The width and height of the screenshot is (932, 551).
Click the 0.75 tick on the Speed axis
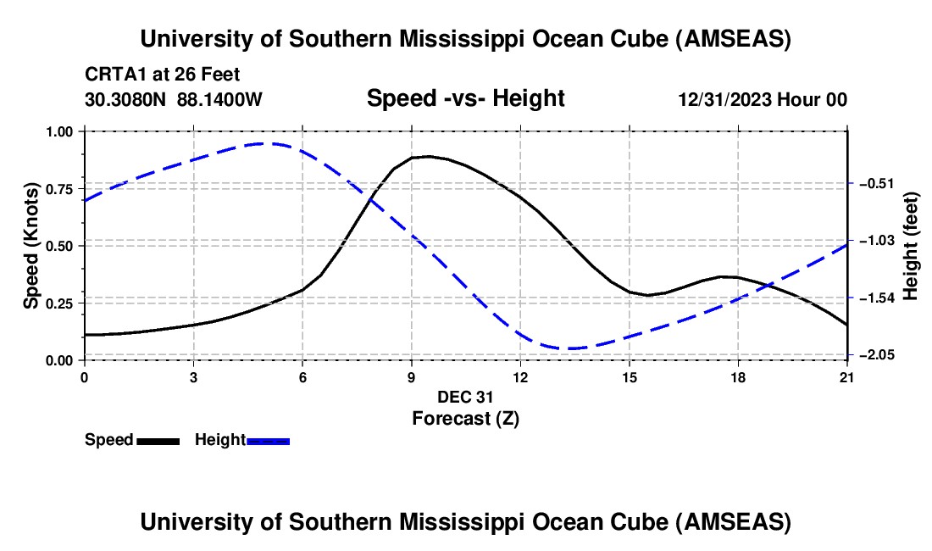click(x=63, y=188)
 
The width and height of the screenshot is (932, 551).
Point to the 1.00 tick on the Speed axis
click(x=63, y=131)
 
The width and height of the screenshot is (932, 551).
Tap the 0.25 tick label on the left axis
click(x=63, y=303)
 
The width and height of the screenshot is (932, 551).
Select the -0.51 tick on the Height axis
click(x=874, y=183)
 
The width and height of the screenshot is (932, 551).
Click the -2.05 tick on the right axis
click(x=874, y=355)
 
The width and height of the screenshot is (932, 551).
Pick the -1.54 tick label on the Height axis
click(x=874, y=298)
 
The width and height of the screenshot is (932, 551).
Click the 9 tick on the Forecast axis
click(x=411, y=376)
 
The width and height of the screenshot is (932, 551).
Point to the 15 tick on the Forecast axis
click(x=630, y=376)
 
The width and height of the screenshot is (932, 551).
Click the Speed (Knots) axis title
click(x=31, y=245)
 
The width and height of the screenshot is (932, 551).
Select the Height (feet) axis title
click(x=911, y=245)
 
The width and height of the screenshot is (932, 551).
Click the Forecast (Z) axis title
click(x=465, y=418)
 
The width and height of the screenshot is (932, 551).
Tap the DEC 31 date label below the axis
click(x=465, y=397)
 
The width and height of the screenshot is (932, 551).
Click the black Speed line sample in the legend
click(x=158, y=440)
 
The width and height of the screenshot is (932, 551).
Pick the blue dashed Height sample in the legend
click(x=269, y=440)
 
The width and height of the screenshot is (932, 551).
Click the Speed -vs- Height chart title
click(x=465, y=98)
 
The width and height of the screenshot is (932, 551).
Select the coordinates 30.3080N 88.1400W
click(x=174, y=99)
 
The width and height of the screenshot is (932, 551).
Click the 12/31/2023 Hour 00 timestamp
click(x=763, y=99)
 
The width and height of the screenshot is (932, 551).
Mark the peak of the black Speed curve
click(x=428, y=156)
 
